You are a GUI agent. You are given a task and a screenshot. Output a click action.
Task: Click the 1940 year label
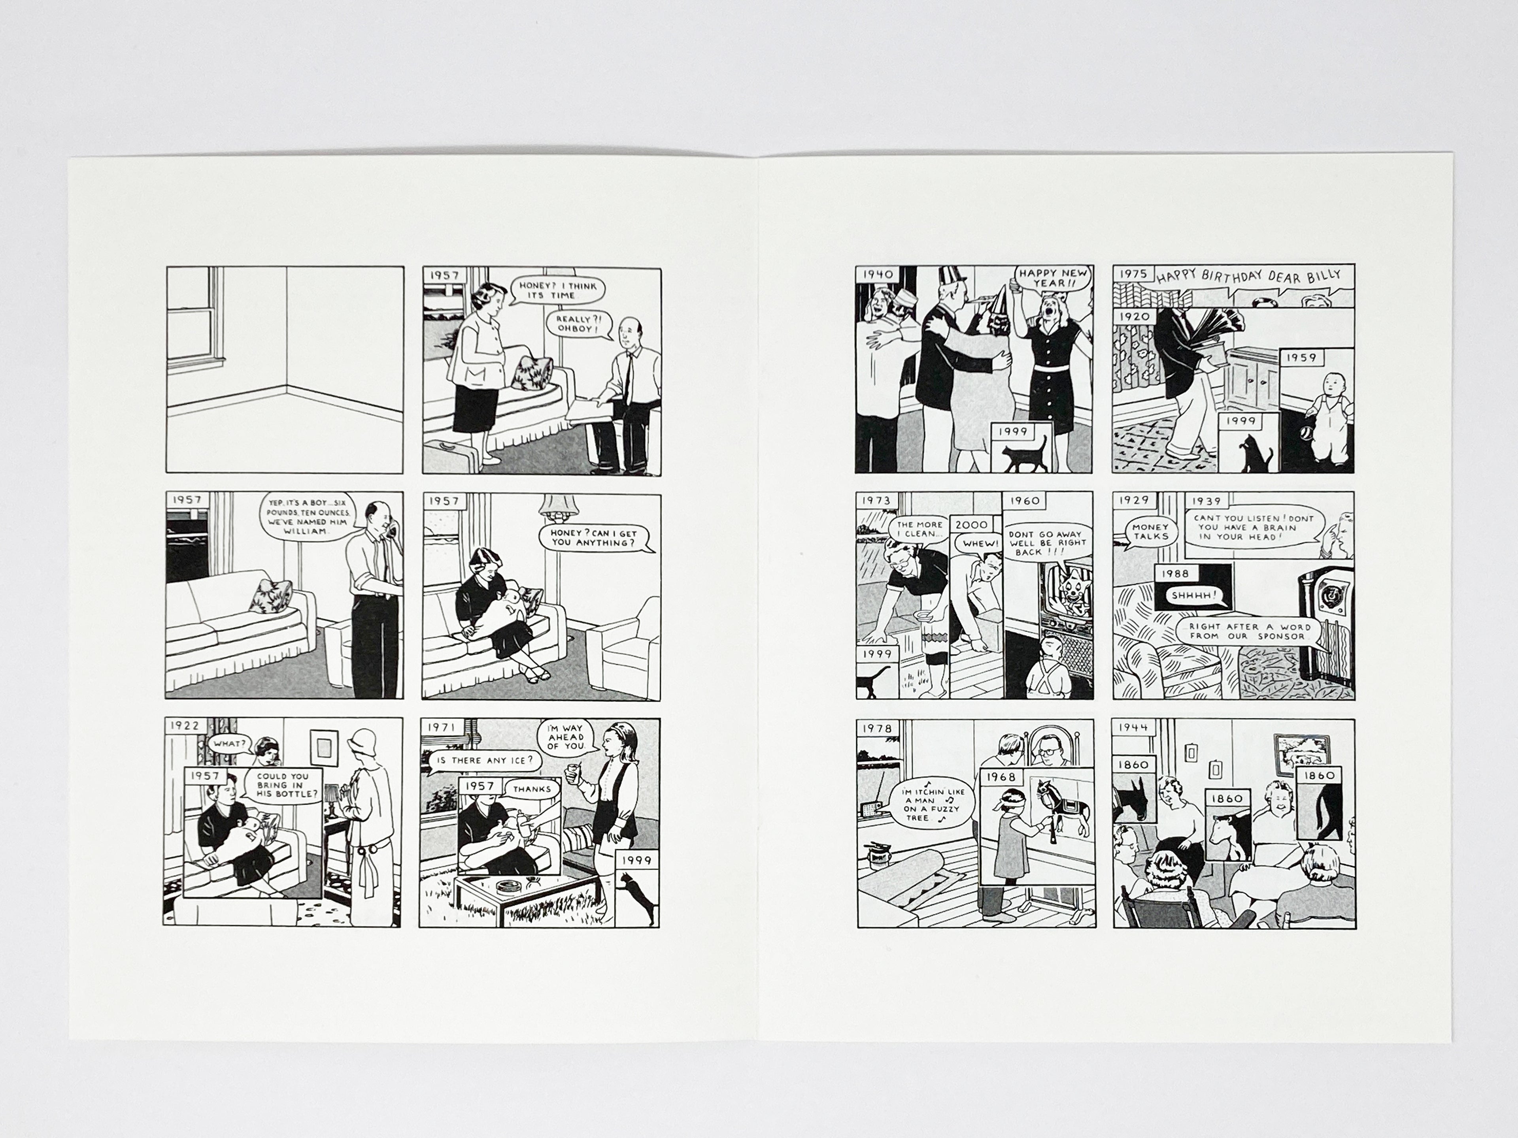click(877, 274)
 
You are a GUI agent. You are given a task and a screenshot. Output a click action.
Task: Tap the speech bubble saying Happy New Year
click(1042, 278)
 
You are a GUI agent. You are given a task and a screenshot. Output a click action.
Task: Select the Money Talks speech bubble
click(1150, 531)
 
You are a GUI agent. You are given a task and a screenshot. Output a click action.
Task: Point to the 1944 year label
click(1133, 727)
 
